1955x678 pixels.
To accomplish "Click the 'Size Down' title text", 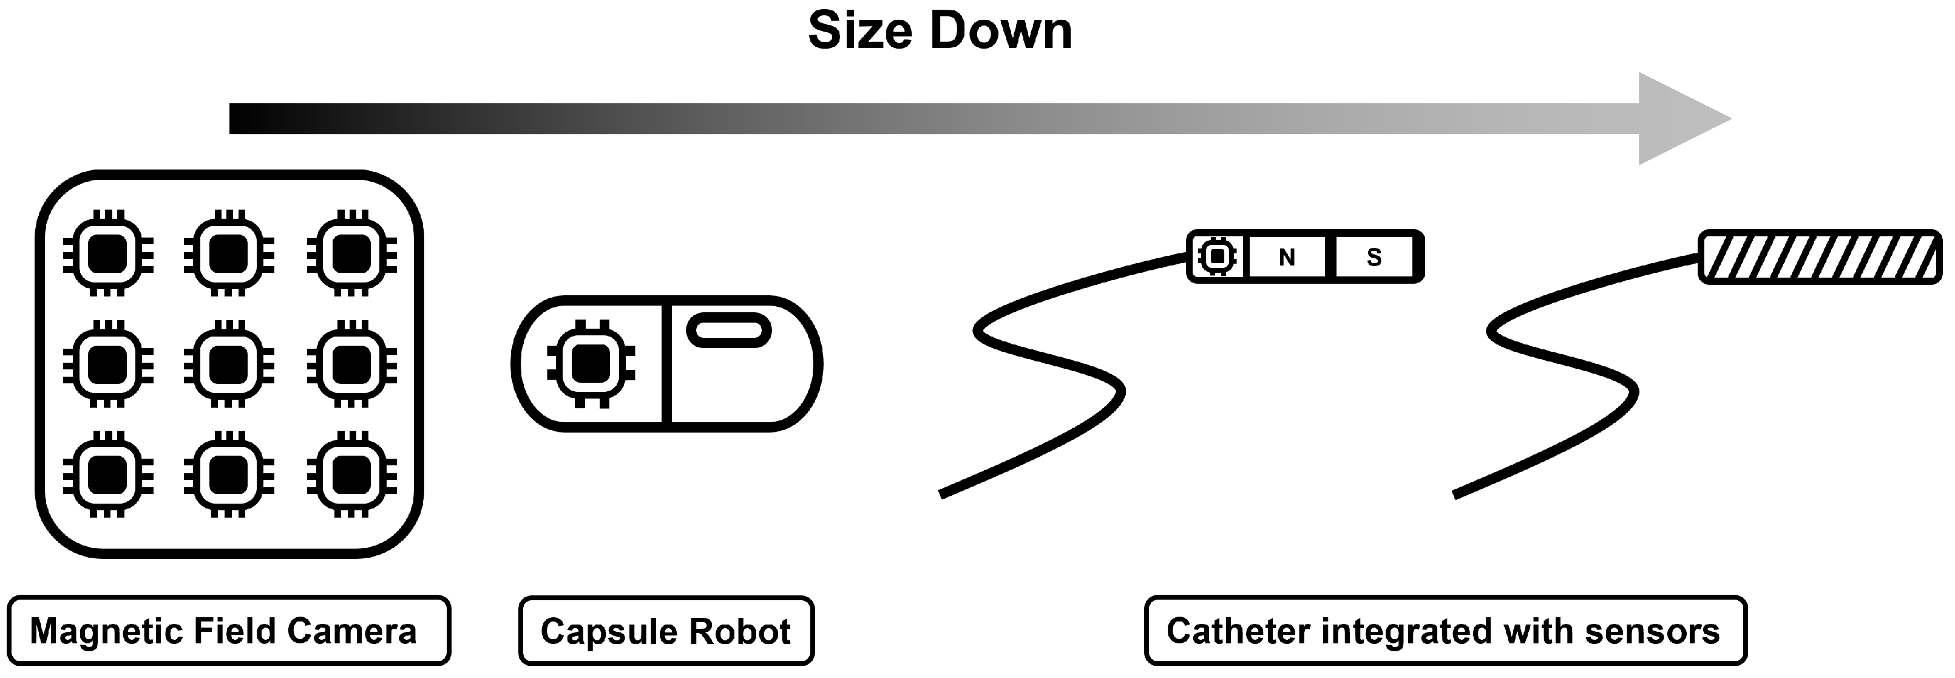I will pyautogui.click(x=940, y=32).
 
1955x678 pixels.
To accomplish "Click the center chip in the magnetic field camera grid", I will pyautogui.click(x=228, y=365).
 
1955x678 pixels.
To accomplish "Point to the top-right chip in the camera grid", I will pyautogui.click(x=351, y=255).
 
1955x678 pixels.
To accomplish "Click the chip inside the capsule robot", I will pyautogui.click(x=591, y=365).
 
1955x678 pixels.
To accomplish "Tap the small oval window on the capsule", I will pyautogui.click(x=728, y=331).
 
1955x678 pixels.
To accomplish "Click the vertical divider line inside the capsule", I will pyautogui.click(x=666, y=365).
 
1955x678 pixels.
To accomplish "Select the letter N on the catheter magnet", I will pyautogui.click(x=1286, y=258).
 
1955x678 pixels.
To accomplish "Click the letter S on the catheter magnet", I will pyautogui.click(x=1374, y=258).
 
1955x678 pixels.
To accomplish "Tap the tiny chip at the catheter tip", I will pyautogui.click(x=1218, y=256).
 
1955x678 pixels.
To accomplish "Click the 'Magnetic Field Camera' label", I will pyautogui.click(x=225, y=632).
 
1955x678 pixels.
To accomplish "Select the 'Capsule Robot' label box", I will pyautogui.click(x=666, y=632).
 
